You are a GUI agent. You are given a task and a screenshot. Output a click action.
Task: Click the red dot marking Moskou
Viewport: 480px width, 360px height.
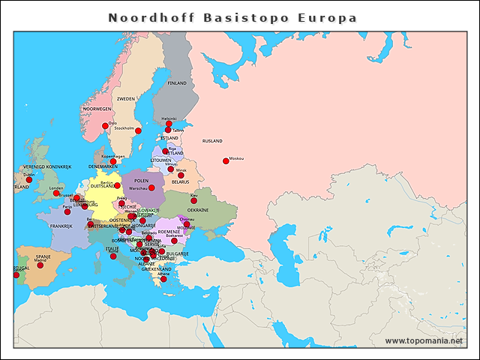(x=225, y=160)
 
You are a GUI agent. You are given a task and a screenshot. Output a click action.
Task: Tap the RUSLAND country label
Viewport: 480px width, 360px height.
(x=212, y=140)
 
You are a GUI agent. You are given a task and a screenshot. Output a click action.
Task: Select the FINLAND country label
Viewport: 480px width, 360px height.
(x=177, y=82)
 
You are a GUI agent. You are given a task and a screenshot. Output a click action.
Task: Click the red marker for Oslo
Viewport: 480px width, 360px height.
(x=105, y=126)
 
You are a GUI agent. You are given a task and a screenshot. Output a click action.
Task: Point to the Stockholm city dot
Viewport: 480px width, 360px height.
(x=138, y=130)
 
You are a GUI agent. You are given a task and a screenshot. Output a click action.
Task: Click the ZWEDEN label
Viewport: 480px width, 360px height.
(x=125, y=98)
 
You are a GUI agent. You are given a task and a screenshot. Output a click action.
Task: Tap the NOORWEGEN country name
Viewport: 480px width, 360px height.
(x=97, y=109)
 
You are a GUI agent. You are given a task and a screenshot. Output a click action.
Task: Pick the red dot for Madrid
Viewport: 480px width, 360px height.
(x=40, y=265)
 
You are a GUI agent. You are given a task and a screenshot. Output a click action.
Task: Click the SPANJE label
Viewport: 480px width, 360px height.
(x=43, y=256)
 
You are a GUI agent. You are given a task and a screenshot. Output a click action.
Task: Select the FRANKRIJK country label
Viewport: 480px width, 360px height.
(x=60, y=225)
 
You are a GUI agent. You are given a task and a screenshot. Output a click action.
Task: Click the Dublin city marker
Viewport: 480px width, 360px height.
(x=29, y=179)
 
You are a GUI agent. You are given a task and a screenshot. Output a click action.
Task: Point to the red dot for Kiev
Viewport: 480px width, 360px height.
(x=193, y=200)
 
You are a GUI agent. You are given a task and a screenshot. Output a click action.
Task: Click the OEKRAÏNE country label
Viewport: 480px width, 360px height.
(x=198, y=210)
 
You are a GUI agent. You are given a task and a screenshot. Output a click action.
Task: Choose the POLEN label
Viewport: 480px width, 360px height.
(x=141, y=180)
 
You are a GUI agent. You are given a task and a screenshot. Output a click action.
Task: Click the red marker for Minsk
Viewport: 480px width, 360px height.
(x=181, y=175)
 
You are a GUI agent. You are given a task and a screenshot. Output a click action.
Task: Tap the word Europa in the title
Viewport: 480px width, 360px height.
(x=328, y=16)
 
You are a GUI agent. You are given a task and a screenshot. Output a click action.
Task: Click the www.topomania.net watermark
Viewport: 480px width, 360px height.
(x=424, y=340)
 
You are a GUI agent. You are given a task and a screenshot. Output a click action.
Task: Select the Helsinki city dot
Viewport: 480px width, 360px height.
(x=169, y=124)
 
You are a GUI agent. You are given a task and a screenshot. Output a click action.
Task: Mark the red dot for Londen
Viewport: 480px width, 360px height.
(x=56, y=193)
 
